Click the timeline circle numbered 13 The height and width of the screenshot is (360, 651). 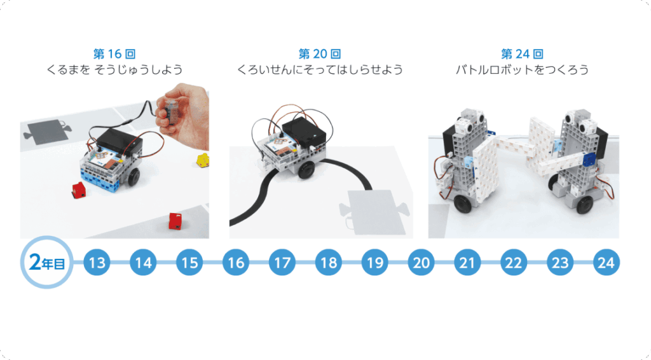pyautogui.click(x=97, y=263)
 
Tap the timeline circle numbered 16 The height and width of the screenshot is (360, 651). pyautogui.click(x=236, y=263)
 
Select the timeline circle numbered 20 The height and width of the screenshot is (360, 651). pyautogui.click(x=421, y=263)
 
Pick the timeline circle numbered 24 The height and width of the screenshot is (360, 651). pyautogui.click(x=606, y=263)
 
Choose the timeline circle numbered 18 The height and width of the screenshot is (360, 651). pyautogui.click(x=329, y=263)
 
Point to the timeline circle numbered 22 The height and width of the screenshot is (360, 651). pyautogui.click(x=514, y=263)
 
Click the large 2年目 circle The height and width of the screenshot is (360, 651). pyautogui.click(x=47, y=263)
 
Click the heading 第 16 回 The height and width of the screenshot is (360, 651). pyautogui.click(x=114, y=54)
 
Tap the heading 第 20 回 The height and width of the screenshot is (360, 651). pyautogui.click(x=320, y=54)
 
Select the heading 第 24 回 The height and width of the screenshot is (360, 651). pyautogui.click(x=523, y=54)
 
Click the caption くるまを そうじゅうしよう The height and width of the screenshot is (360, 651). pyautogui.click(x=114, y=69)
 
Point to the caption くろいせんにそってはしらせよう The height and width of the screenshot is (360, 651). pyautogui.click(x=320, y=69)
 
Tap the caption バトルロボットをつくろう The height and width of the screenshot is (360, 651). pyautogui.click(x=523, y=69)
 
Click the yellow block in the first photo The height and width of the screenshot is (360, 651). pyautogui.click(x=203, y=160)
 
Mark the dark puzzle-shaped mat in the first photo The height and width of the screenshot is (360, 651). pyautogui.click(x=47, y=131)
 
